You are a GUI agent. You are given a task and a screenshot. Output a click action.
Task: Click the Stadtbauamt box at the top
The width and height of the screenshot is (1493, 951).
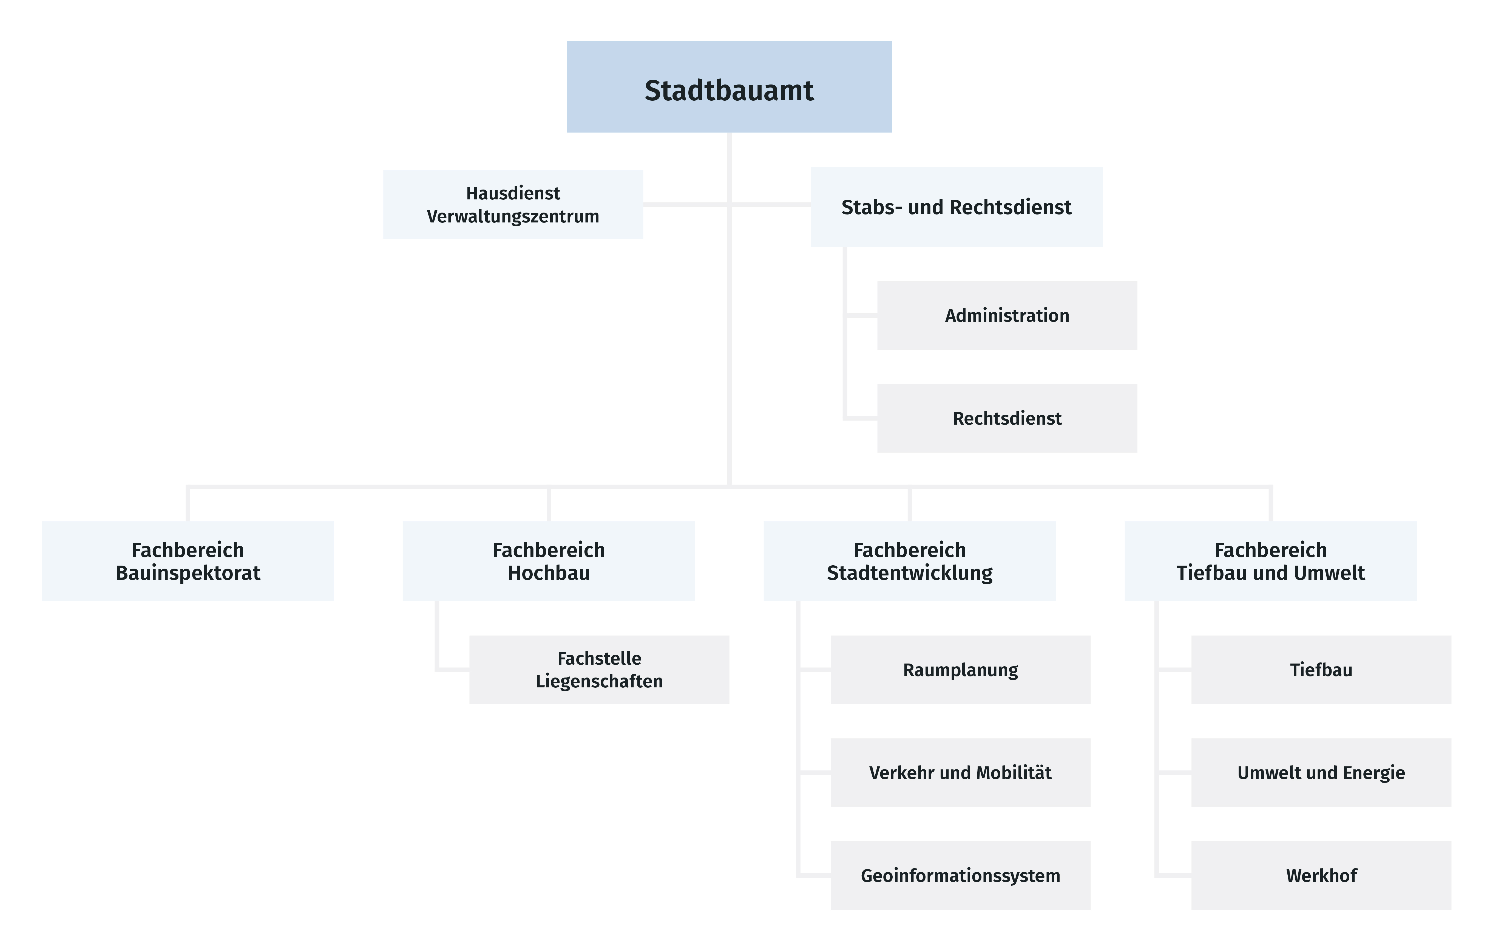coord(729,87)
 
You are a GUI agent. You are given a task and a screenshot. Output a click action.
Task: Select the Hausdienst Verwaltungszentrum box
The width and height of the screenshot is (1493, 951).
coord(513,205)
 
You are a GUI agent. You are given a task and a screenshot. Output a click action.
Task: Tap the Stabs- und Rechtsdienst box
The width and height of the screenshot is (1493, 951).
coord(957,207)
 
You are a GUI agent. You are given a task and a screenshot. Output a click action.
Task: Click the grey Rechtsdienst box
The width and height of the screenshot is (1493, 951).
coord(1007,418)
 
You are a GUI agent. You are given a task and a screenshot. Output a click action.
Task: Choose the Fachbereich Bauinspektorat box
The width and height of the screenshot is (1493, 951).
coord(188,561)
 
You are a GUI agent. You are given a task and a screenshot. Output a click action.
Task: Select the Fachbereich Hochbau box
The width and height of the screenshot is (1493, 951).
coord(549,561)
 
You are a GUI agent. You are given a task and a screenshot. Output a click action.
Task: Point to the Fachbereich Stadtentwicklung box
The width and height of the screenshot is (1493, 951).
coord(910,561)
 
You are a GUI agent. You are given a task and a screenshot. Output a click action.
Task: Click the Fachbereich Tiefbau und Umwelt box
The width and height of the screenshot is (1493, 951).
coord(1271,561)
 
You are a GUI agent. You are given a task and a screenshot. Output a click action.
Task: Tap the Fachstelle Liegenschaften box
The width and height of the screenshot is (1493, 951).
coord(600,670)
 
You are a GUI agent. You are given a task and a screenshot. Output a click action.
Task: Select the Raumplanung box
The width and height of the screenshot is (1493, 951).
coord(960,670)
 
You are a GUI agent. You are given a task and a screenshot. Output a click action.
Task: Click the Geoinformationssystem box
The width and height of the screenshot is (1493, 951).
coord(960,875)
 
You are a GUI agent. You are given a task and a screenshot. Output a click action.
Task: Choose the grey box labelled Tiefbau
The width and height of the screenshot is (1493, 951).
coord(1321,670)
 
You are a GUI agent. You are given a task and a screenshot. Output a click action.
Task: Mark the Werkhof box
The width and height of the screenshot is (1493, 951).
coord(1321,875)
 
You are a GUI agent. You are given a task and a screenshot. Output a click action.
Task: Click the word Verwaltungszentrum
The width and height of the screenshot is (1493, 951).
coord(513,216)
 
